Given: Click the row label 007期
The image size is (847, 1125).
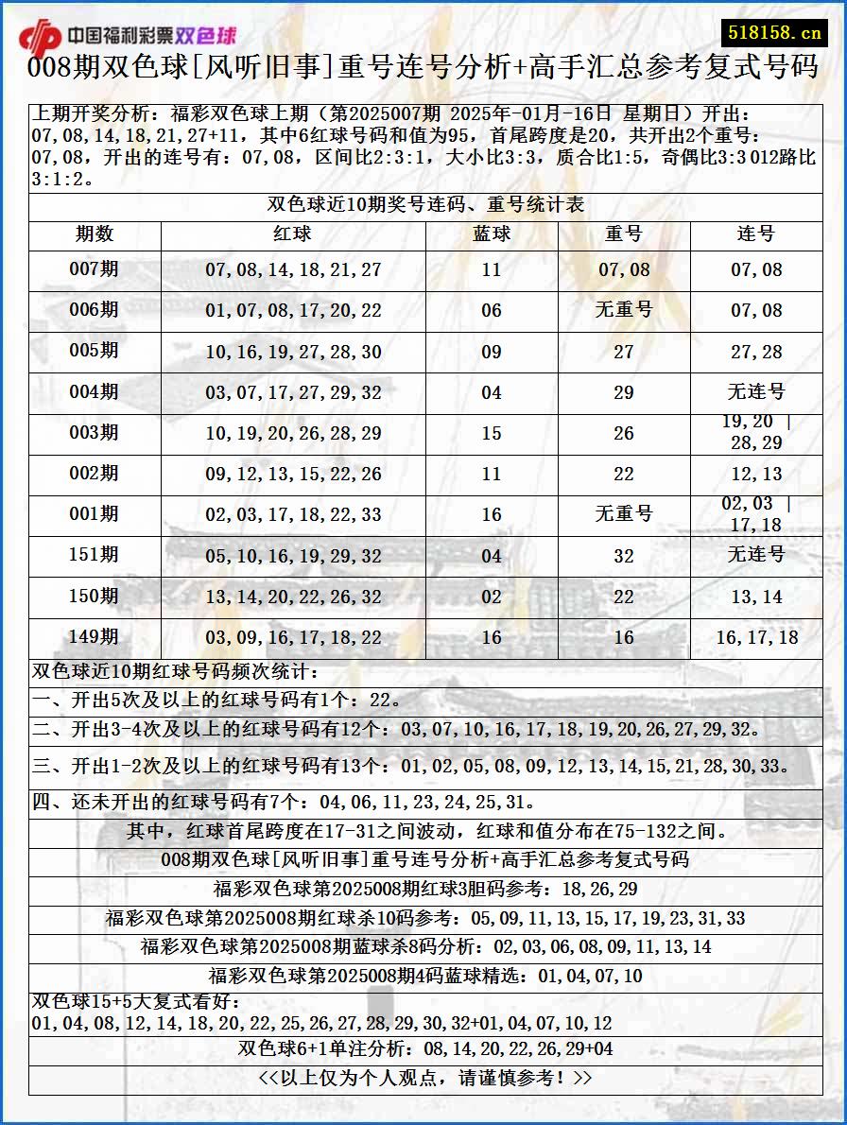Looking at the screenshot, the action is [95, 269].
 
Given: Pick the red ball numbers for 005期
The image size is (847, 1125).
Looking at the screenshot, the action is [293, 352].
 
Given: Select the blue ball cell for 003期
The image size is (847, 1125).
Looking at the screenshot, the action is [492, 433].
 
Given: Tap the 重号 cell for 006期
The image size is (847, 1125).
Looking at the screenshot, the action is [624, 310].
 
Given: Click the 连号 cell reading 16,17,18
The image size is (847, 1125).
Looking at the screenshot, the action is [756, 638].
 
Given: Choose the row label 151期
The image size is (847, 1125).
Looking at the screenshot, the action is [95, 555].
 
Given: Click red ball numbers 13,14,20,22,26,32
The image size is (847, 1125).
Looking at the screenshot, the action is [293, 597].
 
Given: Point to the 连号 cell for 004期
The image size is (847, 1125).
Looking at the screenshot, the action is [756, 391].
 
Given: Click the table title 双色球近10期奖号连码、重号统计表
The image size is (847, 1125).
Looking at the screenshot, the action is [425, 204].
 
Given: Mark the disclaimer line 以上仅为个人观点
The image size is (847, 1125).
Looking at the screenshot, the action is [425, 1078].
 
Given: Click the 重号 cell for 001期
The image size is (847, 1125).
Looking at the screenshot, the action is [624, 514].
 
